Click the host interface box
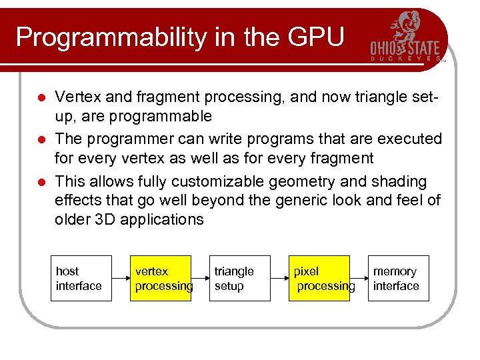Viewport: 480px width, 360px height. click(81, 279)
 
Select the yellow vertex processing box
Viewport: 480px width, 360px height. click(160, 279)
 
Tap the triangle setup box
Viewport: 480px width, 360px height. click(239, 279)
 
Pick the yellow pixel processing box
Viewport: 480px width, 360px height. click(319, 279)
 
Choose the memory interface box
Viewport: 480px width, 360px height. click(398, 279)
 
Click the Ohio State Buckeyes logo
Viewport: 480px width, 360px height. click(405, 37)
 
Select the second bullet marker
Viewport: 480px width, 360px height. click(41, 140)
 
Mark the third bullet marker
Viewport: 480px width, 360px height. click(41, 182)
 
